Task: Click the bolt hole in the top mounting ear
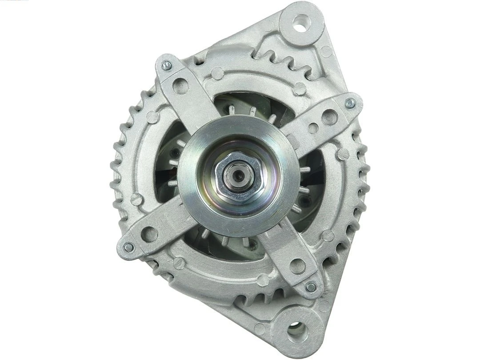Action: (x=301, y=20)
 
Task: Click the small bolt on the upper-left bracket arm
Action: (x=167, y=65)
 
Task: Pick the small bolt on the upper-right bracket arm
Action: (x=350, y=104)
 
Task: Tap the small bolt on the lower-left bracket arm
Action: (x=128, y=247)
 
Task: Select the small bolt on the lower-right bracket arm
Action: (x=311, y=287)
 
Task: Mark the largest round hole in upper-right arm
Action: (x=329, y=117)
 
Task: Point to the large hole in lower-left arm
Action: (x=149, y=234)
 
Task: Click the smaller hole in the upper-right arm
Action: (x=313, y=128)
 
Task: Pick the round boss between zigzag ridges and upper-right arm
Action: (x=300, y=88)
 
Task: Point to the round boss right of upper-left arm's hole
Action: (x=217, y=73)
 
